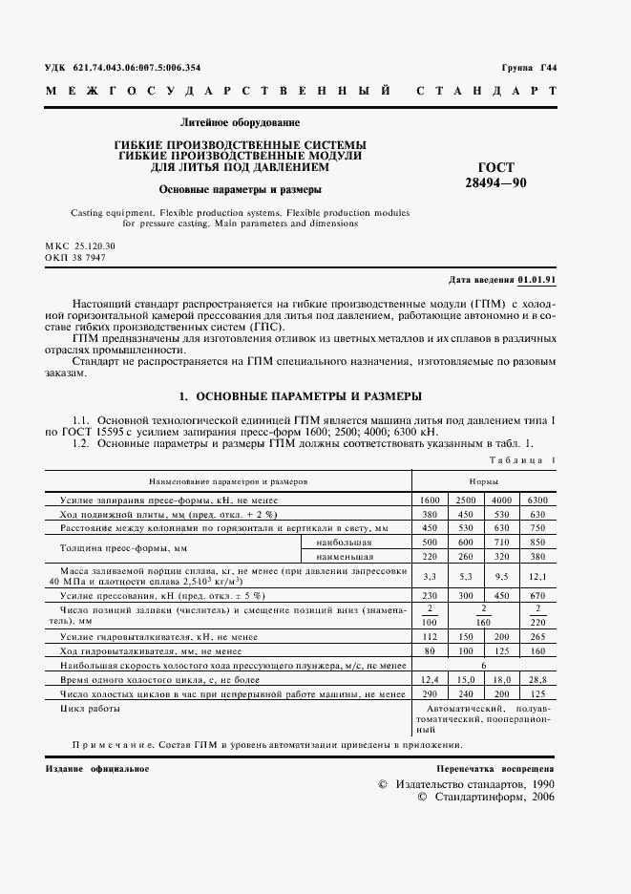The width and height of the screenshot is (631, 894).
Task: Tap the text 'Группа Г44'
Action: pyautogui.click(x=529, y=67)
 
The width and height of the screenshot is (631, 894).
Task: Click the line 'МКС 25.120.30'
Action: pyautogui.click(x=80, y=246)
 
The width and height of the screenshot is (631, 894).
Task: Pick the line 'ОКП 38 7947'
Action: pyautogui.click(x=75, y=258)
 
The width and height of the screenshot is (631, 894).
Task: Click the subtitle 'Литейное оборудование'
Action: pyautogui.click(x=240, y=122)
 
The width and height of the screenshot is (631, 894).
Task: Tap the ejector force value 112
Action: pyautogui.click(x=429, y=635)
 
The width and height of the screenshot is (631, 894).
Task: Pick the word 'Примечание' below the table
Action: pyautogui.click(x=109, y=745)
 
